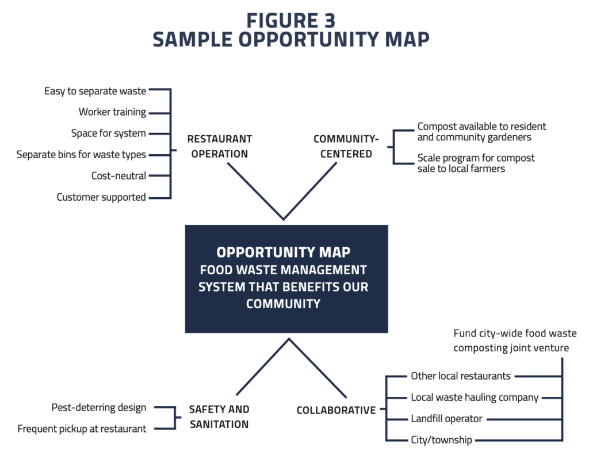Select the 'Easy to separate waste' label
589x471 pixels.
pyautogui.click(x=95, y=91)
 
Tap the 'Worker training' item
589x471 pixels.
pyautogui.click(x=112, y=112)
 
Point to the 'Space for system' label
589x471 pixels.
pyautogui.click(x=108, y=133)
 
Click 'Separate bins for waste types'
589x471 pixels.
pyautogui.click(x=81, y=155)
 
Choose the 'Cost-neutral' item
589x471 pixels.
pyautogui.click(x=118, y=176)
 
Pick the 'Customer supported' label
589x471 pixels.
pyautogui.click(x=101, y=197)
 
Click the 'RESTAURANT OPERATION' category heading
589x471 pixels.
pyautogui.click(x=219, y=147)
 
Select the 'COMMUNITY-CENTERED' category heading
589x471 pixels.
pyautogui.click(x=346, y=147)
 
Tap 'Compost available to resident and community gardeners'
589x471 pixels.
pyautogui.click(x=481, y=132)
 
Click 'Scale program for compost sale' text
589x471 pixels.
pyautogui.click(x=476, y=163)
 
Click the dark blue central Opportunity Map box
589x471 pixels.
pyautogui.click(x=286, y=278)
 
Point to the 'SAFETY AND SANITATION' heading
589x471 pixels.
pyautogui.click(x=219, y=417)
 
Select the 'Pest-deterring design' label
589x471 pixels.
pyautogui.click(x=98, y=408)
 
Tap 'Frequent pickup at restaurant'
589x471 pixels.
pyautogui.click(x=82, y=429)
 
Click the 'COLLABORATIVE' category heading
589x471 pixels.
pyautogui.click(x=336, y=411)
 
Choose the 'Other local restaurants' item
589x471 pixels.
pyautogui.click(x=460, y=376)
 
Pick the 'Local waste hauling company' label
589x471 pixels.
pyautogui.click(x=474, y=397)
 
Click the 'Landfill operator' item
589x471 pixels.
pyautogui.click(x=446, y=419)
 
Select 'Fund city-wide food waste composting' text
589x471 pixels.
pyautogui.click(x=514, y=340)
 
